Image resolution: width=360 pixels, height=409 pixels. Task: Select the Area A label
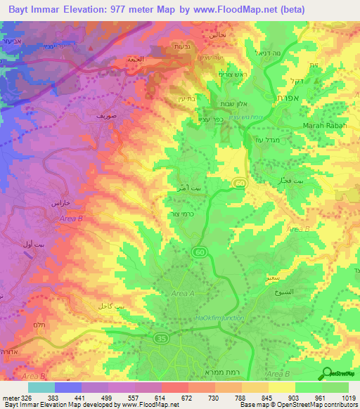[x=183, y=293]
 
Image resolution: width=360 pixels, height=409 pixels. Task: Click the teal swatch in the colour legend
[x=41, y=387]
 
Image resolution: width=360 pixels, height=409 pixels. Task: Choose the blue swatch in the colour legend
[x=68, y=387]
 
